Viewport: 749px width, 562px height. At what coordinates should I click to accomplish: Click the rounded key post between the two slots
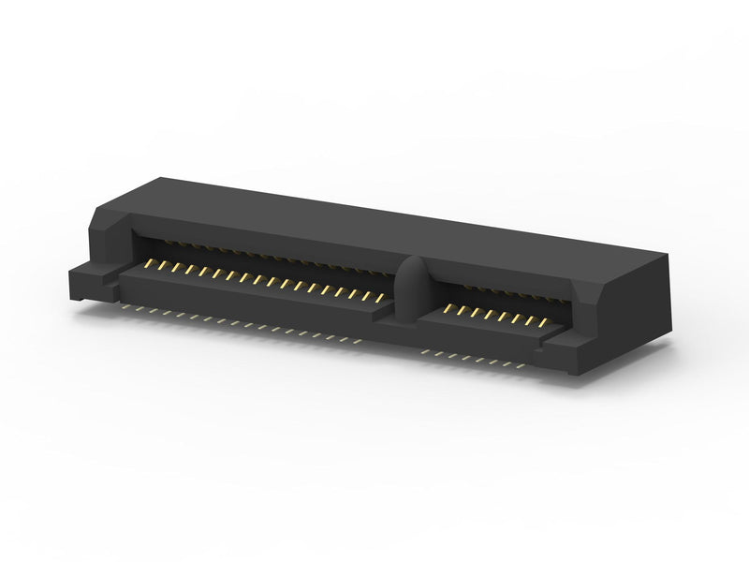click(413, 287)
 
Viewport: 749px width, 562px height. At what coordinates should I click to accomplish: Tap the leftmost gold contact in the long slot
click(149, 265)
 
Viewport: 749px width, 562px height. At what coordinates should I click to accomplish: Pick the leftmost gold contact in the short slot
click(448, 308)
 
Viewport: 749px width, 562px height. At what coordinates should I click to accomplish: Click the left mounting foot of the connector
click(90, 280)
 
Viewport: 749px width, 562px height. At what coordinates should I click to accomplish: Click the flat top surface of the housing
click(393, 220)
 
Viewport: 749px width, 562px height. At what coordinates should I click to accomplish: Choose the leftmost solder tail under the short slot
click(426, 350)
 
